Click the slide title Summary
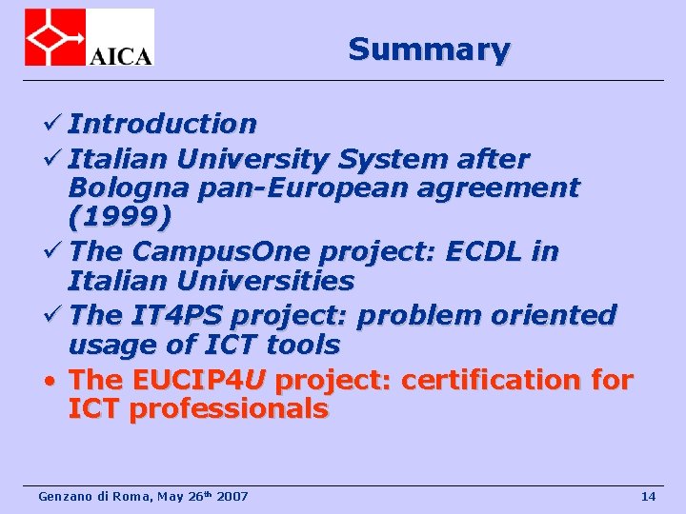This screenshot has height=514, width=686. [x=429, y=49]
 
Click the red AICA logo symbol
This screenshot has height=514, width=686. [x=55, y=37]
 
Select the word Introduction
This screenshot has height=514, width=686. [x=162, y=124]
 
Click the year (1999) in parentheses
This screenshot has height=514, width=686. [x=120, y=219]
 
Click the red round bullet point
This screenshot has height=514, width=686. [x=54, y=381]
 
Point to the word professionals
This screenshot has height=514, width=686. [x=228, y=410]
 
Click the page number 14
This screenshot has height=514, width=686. [x=648, y=496]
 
